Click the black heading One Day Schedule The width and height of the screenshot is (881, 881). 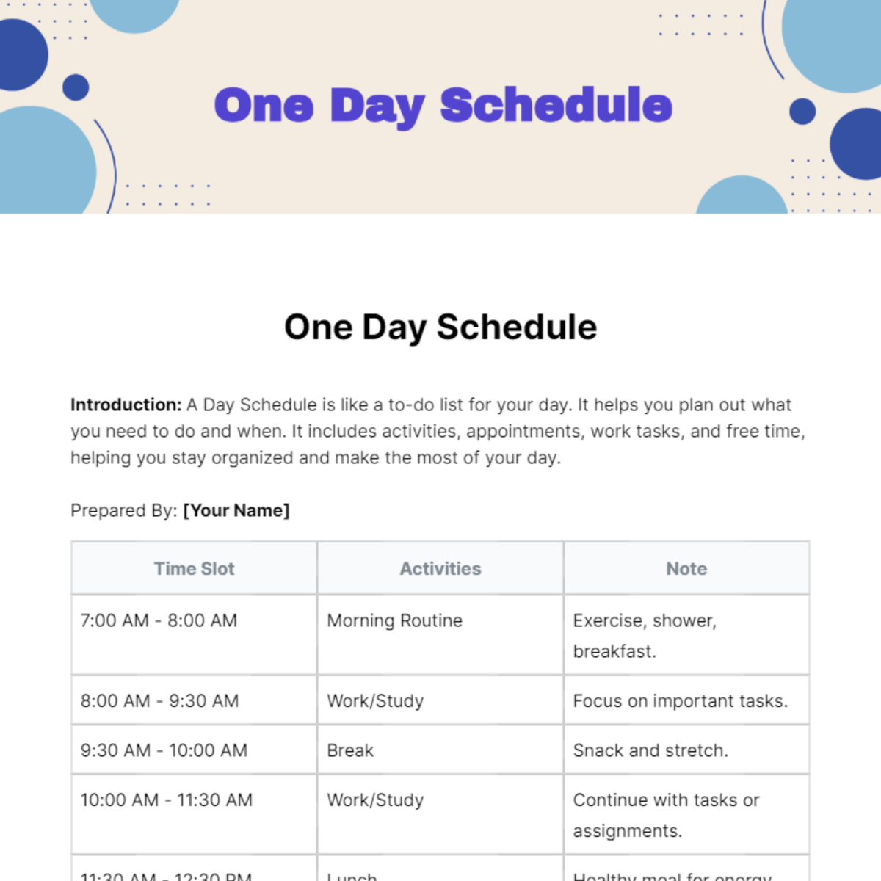(x=440, y=327)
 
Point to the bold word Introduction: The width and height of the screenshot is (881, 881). (x=126, y=405)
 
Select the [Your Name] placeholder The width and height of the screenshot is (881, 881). (x=236, y=511)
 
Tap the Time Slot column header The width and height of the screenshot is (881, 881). (x=194, y=569)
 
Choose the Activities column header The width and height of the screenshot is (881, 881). (x=440, y=569)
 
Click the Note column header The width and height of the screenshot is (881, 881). (x=686, y=569)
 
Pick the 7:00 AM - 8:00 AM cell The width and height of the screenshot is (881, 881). (x=159, y=621)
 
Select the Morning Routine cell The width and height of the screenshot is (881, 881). (x=394, y=621)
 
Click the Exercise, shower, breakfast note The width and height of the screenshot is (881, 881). (x=644, y=636)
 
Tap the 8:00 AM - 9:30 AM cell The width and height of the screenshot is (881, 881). (x=159, y=701)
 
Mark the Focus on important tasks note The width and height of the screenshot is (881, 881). (x=680, y=701)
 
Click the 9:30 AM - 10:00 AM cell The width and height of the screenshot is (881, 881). (x=164, y=751)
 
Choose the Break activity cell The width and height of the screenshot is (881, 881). (x=350, y=751)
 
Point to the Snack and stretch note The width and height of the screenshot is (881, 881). (x=650, y=751)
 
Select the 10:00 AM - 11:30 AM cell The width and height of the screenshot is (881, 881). (x=166, y=800)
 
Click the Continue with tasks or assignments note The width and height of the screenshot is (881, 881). (x=665, y=816)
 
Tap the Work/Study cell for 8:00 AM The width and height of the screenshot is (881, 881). (x=375, y=701)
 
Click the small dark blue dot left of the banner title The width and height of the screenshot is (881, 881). (x=76, y=87)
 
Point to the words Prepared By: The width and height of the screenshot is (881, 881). (x=123, y=511)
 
